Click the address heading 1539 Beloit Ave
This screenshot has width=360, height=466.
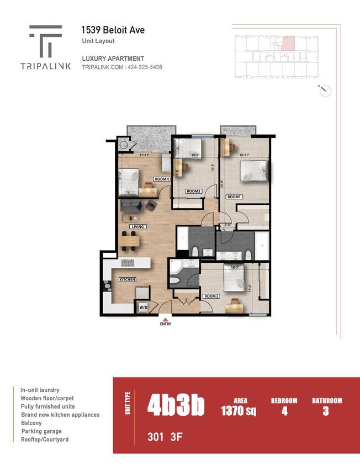113,30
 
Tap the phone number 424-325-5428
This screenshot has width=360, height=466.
145,67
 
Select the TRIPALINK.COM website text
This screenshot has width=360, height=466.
103,67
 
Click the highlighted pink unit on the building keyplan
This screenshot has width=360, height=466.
288,44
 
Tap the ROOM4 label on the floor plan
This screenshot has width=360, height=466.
161,179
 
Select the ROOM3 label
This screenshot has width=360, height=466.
193,191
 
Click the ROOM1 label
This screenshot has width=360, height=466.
234,197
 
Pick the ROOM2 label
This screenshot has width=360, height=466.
211,296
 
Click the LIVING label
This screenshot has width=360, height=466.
137,227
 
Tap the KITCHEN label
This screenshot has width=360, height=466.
128,280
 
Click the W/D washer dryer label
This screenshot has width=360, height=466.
142,307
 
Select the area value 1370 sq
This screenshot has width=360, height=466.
239,411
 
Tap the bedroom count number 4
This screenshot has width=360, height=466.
284,411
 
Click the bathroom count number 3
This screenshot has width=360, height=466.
326,411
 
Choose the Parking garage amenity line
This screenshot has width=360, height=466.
41,431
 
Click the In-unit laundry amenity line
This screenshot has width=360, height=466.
40,390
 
